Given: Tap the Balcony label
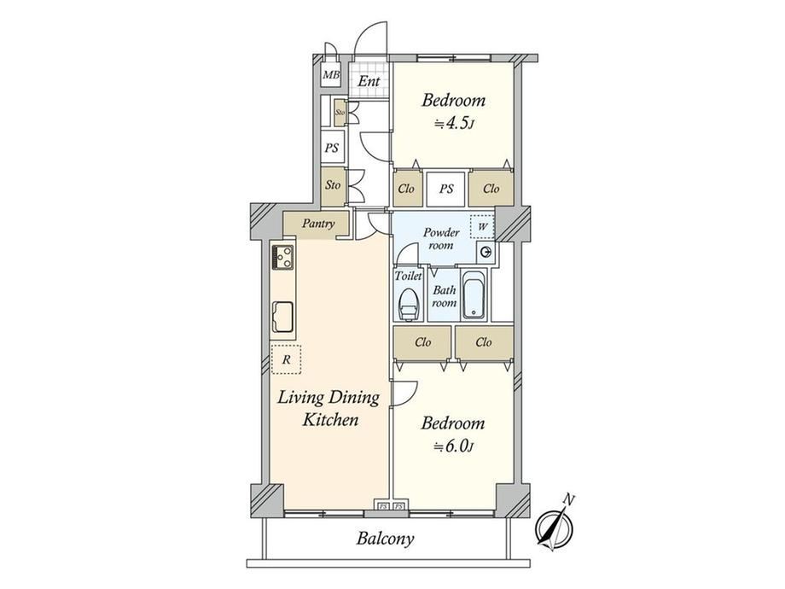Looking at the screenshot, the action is [x=385, y=539].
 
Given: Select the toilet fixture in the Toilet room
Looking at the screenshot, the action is [x=408, y=304].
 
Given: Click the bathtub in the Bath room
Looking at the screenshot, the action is [x=474, y=295].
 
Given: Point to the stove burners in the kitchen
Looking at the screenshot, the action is [x=283, y=256].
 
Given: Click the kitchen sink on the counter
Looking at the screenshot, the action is [x=283, y=317].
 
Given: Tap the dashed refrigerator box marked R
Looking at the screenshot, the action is [x=287, y=359].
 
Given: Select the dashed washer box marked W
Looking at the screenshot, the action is [x=482, y=227].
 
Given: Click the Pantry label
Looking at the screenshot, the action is [x=318, y=224].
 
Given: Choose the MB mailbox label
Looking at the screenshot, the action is [x=331, y=75].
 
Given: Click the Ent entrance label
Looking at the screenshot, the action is [x=369, y=80].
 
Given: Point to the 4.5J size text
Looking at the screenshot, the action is [x=454, y=123].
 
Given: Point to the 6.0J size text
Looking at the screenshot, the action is [x=453, y=446].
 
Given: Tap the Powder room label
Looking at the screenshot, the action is [x=441, y=239].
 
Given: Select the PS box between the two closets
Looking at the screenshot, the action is [x=446, y=189].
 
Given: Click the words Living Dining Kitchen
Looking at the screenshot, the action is [x=329, y=409].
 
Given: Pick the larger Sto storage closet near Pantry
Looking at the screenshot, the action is [x=333, y=185].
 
